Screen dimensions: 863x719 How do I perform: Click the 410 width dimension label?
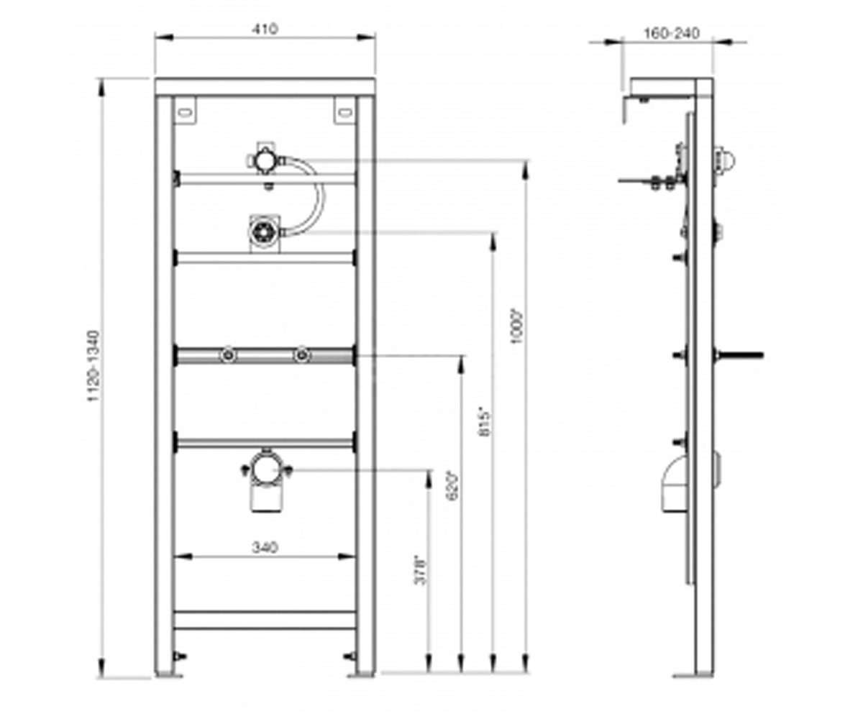point(265,29)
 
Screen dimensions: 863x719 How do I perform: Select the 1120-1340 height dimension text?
point(93,366)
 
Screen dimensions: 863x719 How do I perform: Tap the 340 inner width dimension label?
point(265,547)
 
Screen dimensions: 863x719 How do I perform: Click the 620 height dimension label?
point(453,486)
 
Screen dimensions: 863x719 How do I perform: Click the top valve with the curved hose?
point(264,160)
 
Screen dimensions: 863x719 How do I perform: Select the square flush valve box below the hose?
point(265,233)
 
